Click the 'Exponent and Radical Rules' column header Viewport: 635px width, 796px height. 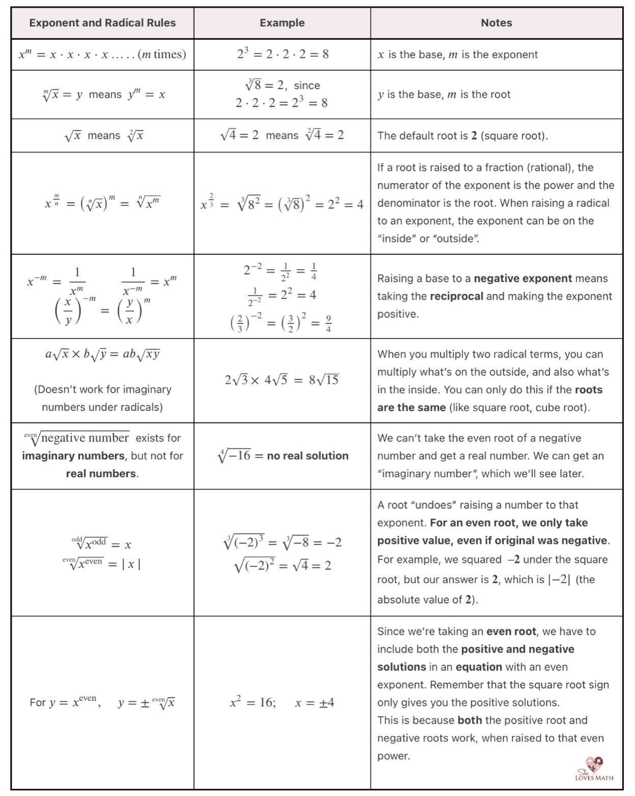point(102,23)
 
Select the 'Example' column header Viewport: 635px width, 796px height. point(282,23)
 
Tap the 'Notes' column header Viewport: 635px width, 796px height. point(496,23)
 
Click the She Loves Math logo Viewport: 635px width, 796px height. point(594,769)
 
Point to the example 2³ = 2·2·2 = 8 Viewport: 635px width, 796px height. point(283,54)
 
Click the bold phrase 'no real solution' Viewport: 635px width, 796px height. point(307,456)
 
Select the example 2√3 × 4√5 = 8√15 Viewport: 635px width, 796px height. point(282,380)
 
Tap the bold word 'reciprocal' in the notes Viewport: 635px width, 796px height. point(456,296)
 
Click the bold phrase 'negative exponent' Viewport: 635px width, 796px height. point(522,278)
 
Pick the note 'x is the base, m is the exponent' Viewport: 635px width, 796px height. point(457,55)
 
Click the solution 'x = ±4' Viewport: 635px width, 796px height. point(314,703)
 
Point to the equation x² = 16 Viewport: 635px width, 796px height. point(252,702)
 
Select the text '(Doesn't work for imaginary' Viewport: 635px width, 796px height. point(102,390)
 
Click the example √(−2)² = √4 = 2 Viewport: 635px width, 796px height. point(283,565)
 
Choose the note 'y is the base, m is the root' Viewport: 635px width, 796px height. point(443,95)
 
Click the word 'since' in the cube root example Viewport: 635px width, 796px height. point(307,85)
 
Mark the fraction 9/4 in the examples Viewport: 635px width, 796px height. point(328,323)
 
